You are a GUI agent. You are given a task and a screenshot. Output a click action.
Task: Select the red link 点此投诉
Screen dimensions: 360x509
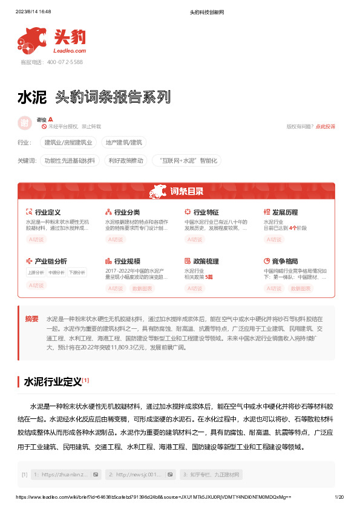(326, 126)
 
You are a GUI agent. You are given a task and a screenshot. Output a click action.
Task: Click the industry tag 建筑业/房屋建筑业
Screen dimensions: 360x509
(69, 143)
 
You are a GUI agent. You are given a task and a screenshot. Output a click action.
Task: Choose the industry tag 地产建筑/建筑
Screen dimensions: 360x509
(123, 143)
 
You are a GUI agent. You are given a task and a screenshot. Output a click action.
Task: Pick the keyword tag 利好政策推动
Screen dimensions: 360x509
(126, 161)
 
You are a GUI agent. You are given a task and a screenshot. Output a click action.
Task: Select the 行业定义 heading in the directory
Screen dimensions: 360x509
(48, 213)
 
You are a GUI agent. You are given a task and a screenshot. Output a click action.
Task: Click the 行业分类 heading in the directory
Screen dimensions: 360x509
(127, 213)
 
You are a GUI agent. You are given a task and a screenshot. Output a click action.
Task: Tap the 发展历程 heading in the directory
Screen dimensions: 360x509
(284, 213)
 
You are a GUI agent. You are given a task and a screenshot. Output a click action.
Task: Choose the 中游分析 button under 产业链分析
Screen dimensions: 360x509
(56, 273)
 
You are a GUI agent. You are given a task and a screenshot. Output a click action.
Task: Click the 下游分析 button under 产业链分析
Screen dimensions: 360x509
(77, 273)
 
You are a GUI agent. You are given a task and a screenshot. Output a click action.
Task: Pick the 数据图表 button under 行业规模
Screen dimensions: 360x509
(143, 288)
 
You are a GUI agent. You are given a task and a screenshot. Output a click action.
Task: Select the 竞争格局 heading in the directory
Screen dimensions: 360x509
(284, 261)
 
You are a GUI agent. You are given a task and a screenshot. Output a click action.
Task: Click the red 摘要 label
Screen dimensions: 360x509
(31, 319)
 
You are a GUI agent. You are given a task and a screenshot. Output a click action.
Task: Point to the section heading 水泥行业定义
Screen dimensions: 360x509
(52, 382)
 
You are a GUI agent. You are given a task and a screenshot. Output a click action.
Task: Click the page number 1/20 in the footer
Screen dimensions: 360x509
(339, 496)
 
